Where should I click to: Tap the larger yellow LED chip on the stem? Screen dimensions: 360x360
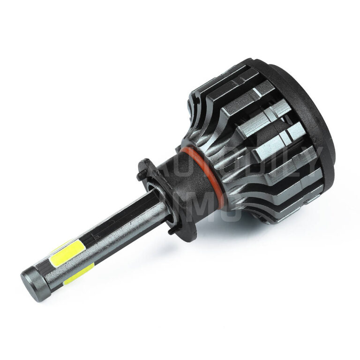[67, 253]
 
